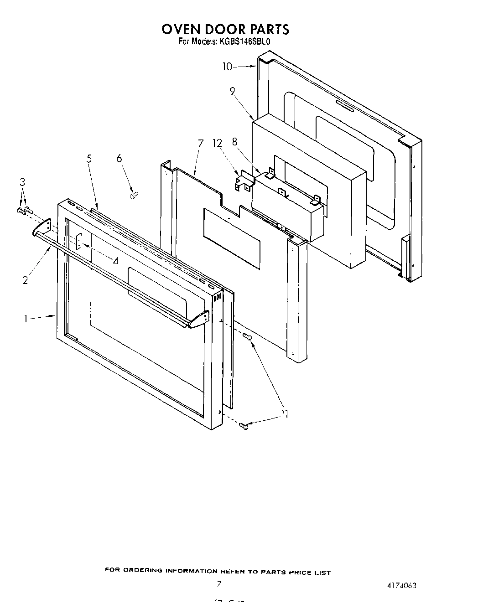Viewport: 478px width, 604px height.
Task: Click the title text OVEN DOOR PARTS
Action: (x=225, y=29)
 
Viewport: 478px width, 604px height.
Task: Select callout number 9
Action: (x=233, y=92)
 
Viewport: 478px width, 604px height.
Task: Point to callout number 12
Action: (x=217, y=143)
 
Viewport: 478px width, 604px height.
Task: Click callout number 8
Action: (x=235, y=142)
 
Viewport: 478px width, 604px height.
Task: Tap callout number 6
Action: (x=119, y=158)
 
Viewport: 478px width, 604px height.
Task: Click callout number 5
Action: (x=89, y=159)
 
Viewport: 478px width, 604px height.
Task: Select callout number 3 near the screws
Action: (x=22, y=182)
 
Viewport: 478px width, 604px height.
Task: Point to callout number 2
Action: (x=25, y=280)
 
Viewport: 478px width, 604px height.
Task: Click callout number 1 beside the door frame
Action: (x=26, y=318)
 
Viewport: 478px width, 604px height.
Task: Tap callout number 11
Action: (x=285, y=414)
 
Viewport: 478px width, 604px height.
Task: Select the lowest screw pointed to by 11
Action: (x=244, y=426)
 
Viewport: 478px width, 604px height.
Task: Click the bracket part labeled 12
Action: (x=244, y=181)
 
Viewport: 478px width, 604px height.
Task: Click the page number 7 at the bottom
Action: (x=219, y=583)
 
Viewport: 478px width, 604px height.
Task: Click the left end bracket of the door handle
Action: (x=42, y=227)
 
